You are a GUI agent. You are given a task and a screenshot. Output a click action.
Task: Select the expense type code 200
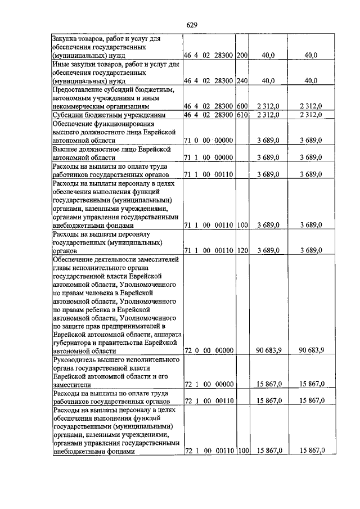coord(242,55)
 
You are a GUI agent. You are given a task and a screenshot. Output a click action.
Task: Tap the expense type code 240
coord(242,80)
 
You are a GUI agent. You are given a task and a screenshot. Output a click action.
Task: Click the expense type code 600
coord(242,106)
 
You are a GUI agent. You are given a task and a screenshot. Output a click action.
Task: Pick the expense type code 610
coord(242,115)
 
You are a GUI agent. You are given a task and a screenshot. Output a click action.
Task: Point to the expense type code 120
coord(242,250)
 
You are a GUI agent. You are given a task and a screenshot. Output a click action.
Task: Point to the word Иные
coord(60,64)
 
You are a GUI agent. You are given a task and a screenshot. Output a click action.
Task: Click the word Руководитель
coord(75,359)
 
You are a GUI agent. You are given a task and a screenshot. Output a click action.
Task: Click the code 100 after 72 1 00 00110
coord(242,452)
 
